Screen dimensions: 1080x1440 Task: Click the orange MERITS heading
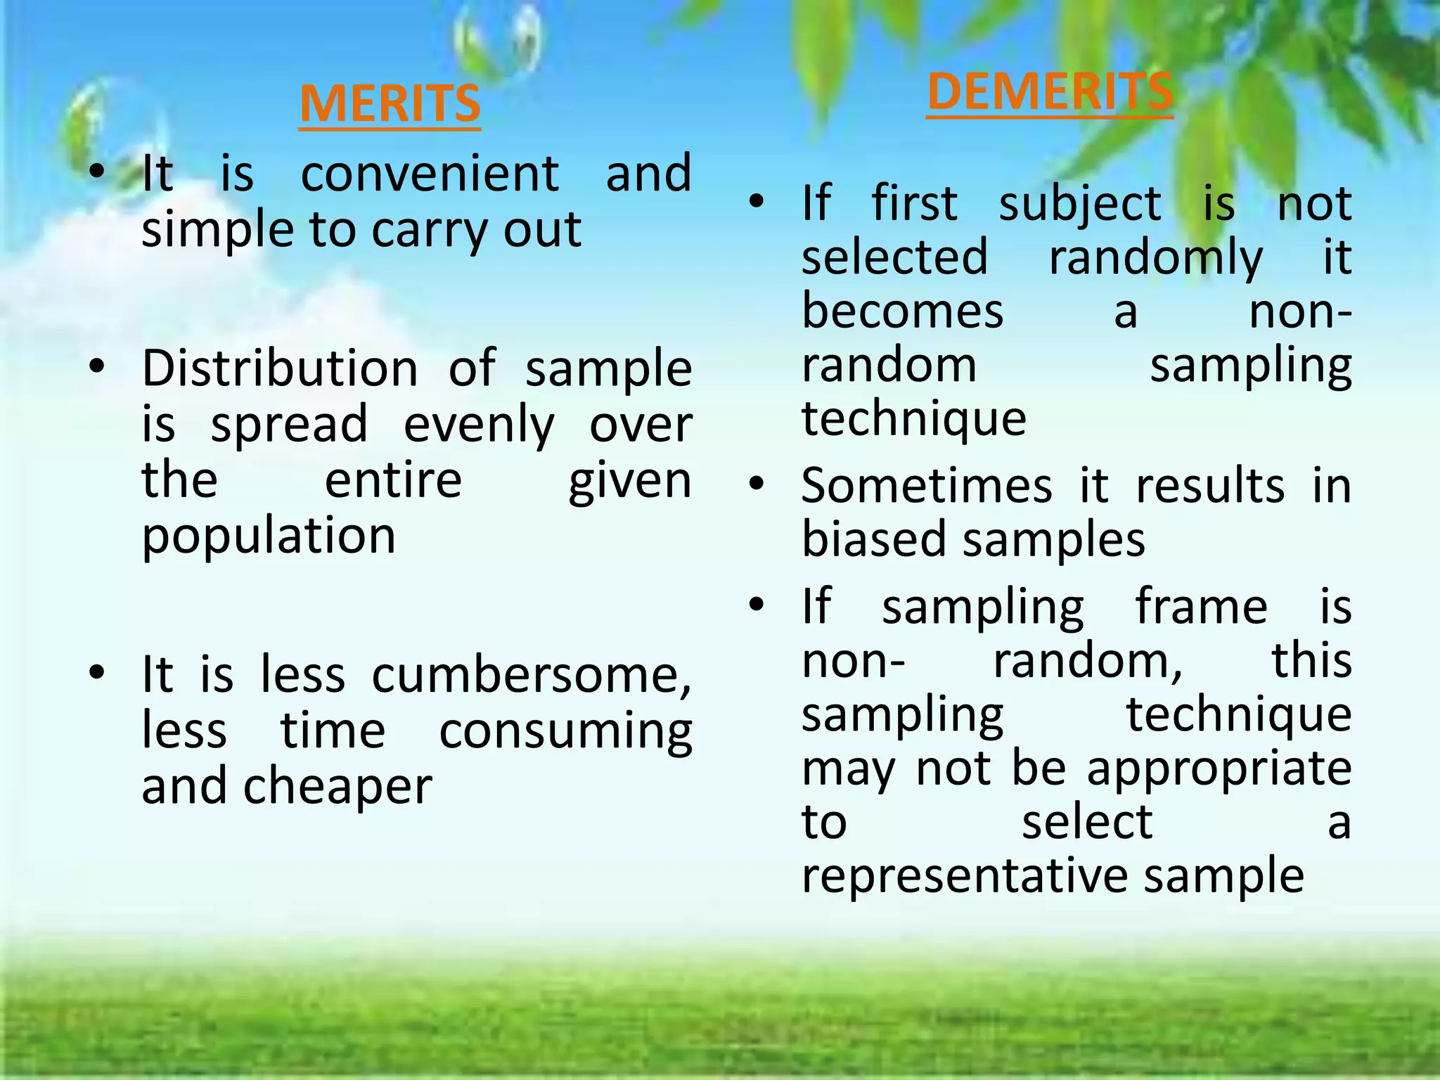point(390,104)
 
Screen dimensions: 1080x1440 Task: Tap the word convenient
point(430,174)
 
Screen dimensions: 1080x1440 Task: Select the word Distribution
point(280,368)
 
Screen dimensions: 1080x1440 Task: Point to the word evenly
point(479,426)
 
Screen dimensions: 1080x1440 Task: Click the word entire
point(393,481)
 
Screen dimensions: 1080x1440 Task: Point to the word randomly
point(1156,259)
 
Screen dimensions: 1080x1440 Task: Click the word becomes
point(903,311)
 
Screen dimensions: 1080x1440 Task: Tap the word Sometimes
point(927,486)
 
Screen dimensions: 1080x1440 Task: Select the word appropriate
point(1219,769)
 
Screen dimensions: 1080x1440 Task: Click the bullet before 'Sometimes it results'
point(757,484)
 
